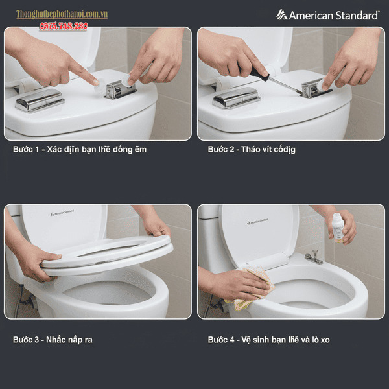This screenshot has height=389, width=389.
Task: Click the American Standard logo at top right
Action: click(327, 14)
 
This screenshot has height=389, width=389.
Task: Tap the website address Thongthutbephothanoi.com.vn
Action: click(62, 14)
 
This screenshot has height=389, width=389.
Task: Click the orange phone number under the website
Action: click(63, 25)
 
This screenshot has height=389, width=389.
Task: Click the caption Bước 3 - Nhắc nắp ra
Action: click(53, 340)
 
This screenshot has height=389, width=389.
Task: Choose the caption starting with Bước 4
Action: click(268, 340)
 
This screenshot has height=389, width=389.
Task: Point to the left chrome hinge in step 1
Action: click(40, 101)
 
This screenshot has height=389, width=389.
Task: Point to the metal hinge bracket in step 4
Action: click(314, 259)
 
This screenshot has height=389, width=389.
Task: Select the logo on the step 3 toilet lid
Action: click(62, 212)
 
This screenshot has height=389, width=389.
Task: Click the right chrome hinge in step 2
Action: click(314, 88)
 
